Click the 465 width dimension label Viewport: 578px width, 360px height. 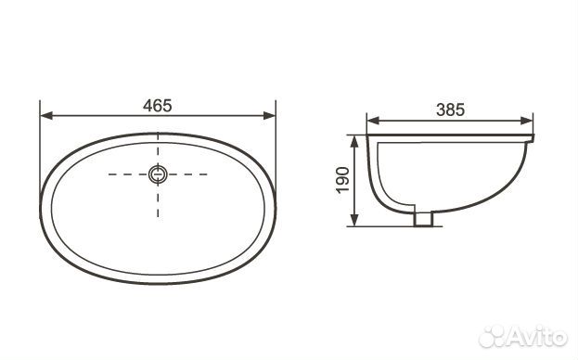pos(158,106)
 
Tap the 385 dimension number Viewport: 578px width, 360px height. pos(451,109)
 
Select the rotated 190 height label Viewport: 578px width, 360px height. pos(343,180)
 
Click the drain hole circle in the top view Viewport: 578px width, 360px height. pos(158,174)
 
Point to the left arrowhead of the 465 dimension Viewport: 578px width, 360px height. pos(46,116)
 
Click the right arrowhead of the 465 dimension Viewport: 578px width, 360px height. pos(269,116)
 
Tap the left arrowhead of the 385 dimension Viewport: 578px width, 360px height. pos(373,121)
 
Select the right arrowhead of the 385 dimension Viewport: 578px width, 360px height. pos(527,121)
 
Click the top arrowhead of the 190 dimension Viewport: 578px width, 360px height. pos(353,141)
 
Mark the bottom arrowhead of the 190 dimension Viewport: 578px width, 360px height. pos(353,220)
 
